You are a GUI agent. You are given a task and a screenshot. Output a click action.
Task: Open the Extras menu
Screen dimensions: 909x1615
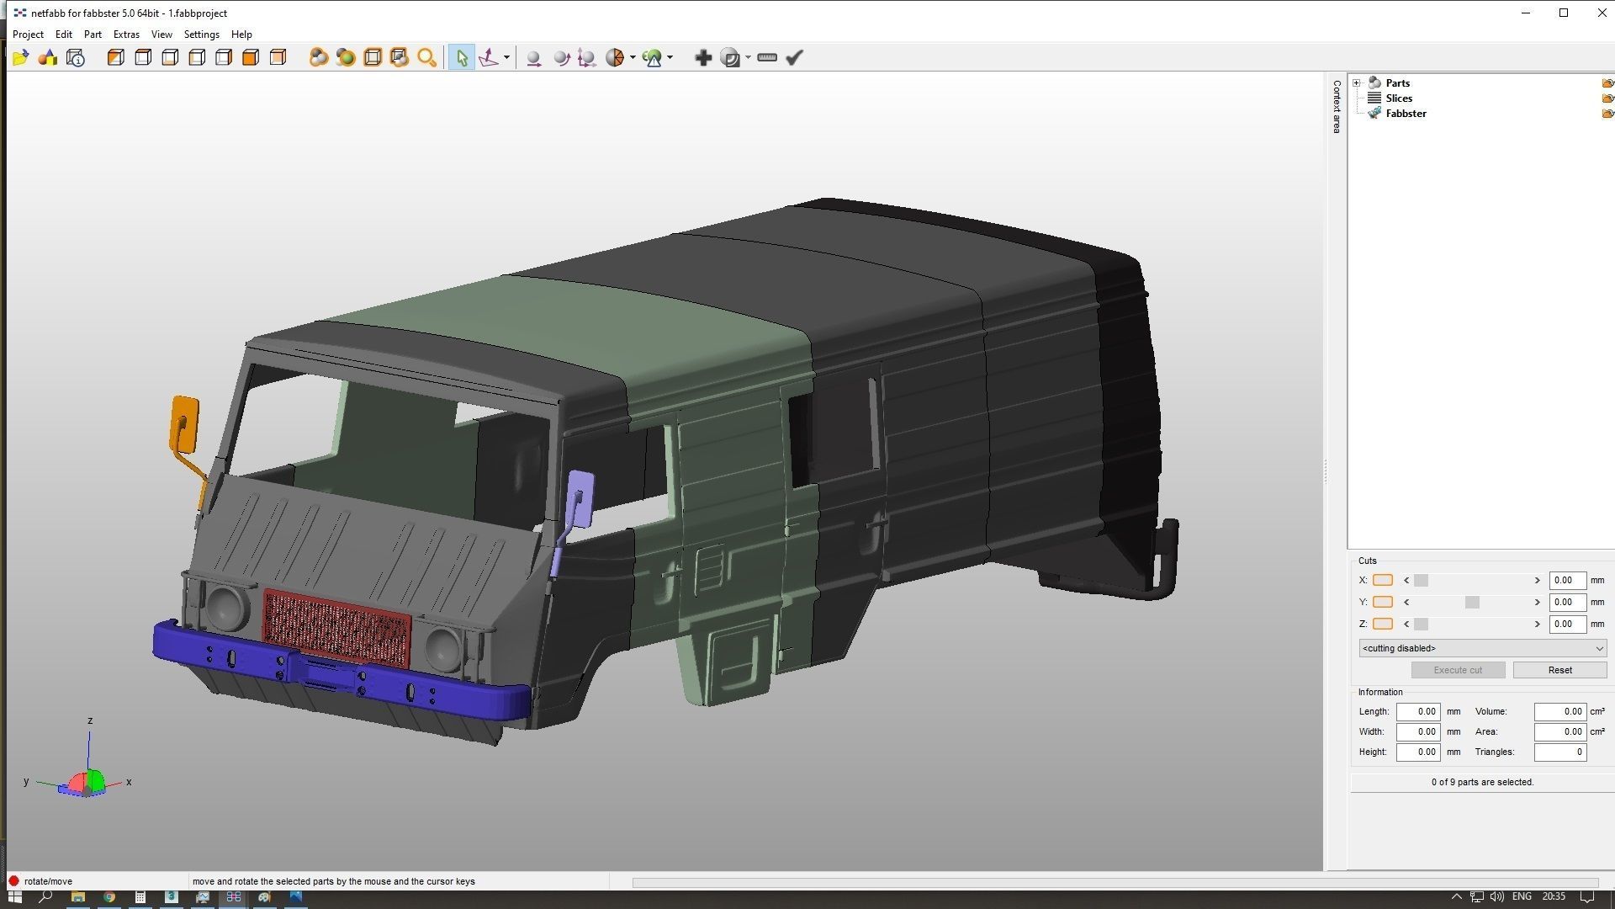(x=126, y=35)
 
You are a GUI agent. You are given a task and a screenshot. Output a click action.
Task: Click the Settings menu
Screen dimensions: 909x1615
(x=201, y=35)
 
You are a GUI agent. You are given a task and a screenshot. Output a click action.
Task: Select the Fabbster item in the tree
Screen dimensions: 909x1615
(x=1405, y=114)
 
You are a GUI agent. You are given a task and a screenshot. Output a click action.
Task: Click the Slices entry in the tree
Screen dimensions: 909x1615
(x=1398, y=98)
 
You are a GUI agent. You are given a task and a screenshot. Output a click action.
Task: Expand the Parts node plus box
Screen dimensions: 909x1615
(x=1356, y=83)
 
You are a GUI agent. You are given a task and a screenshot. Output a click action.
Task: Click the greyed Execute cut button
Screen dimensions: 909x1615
(x=1457, y=670)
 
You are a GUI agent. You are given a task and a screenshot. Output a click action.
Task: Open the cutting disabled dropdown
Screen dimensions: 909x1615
(x=1482, y=648)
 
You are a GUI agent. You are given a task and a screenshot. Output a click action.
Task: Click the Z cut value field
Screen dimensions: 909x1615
(x=1566, y=624)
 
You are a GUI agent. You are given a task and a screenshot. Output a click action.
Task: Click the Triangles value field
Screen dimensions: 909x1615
(x=1559, y=752)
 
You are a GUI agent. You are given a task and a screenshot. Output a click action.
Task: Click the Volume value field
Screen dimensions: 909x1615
(x=1559, y=711)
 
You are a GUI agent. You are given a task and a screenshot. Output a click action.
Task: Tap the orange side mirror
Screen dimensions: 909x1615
(x=185, y=423)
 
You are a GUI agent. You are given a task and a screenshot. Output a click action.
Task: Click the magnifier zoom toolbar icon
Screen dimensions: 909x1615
(x=426, y=58)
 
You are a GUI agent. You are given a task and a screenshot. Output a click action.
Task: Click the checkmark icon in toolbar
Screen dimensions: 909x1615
(x=794, y=58)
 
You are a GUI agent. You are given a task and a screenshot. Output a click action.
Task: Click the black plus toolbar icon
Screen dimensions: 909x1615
(x=703, y=58)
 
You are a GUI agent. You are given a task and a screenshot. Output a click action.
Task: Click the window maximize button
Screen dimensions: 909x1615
(x=1564, y=13)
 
